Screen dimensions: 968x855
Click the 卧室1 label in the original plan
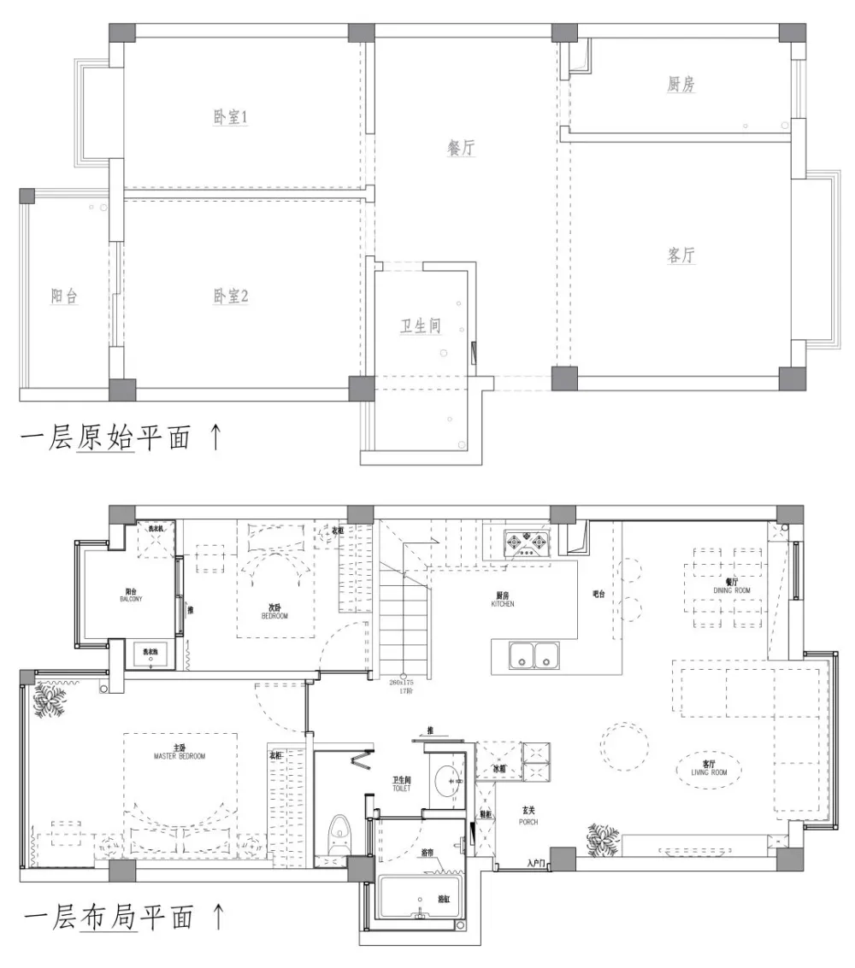point(230,117)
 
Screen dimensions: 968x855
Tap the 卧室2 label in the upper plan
point(230,296)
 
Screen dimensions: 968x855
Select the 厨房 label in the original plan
point(681,84)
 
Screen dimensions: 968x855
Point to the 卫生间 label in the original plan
point(421,326)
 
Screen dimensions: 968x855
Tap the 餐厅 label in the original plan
point(461,148)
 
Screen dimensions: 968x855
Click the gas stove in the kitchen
point(528,543)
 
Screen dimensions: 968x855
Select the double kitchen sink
point(534,655)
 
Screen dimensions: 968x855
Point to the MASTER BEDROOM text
point(180,755)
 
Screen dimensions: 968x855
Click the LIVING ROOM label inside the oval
point(708,769)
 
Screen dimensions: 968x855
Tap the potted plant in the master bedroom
point(50,702)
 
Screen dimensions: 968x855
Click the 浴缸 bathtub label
point(444,900)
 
